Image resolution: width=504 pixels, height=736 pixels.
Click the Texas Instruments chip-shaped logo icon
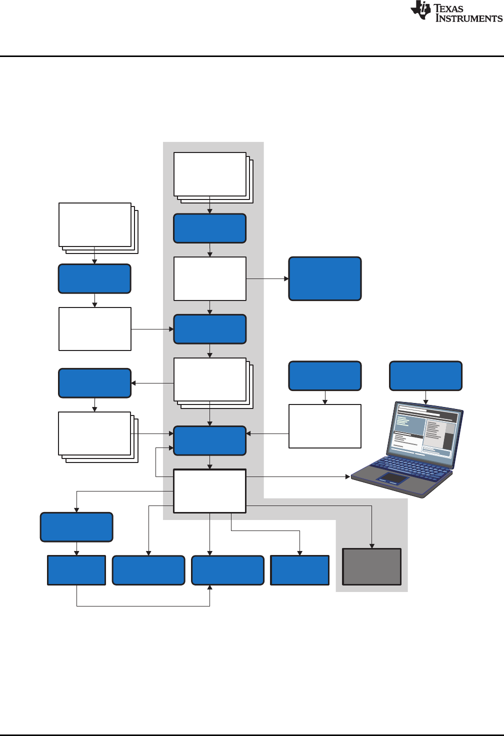click(x=420, y=10)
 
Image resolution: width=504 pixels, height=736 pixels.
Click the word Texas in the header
click(x=448, y=8)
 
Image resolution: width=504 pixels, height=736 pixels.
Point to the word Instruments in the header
click(x=468, y=18)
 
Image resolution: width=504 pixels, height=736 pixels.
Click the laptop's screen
click(x=425, y=429)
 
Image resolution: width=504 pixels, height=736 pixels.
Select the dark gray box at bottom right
click(x=371, y=566)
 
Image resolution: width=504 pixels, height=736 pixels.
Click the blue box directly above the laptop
click(x=425, y=375)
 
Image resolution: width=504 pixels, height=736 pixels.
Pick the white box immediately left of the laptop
click(x=325, y=426)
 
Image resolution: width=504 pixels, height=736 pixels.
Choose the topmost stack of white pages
click(x=210, y=174)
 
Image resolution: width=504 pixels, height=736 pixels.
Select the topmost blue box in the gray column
click(x=210, y=228)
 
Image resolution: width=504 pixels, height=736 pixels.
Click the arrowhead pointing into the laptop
click(x=348, y=477)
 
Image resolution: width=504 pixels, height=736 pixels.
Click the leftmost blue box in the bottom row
click(x=76, y=570)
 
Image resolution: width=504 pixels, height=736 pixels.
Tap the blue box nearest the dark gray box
click(x=300, y=570)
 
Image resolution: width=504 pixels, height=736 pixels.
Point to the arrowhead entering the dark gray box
click(x=371, y=546)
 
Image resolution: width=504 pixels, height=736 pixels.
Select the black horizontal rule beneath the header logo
click(x=252, y=56)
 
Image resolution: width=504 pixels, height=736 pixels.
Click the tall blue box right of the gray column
click(x=325, y=278)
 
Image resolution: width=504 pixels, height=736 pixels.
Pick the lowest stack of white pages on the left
click(x=95, y=434)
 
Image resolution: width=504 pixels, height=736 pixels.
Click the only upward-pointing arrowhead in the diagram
click(x=210, y=588)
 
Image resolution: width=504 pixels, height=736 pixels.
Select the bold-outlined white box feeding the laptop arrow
click(x=210, y=490)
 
